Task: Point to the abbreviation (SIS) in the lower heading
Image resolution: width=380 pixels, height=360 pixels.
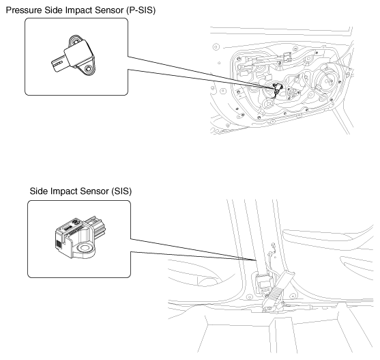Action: pyautogui.click(x=121, y=191)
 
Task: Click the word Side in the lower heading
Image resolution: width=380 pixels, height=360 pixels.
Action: pyautogui.click(x=39, y=191)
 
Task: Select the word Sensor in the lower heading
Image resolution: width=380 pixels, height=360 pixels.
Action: pyautogui.click(x=94, y=191)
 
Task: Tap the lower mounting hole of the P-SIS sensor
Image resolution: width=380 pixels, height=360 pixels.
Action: pyautogui.click(x=89, y=68)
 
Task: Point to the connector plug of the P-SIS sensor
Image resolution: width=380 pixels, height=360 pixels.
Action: pyautogui.click(x=58, y=64)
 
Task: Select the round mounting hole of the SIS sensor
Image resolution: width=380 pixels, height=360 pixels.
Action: pyautogui.click(x=85, y=248)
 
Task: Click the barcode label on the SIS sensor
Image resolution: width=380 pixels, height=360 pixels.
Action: pyautogui.click(x=59, y=244)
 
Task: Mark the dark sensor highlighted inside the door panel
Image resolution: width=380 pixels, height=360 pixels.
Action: pyautogui.click(x=277, y=88)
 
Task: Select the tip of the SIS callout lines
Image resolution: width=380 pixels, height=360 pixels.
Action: pyautogui.click(x=257, y=260)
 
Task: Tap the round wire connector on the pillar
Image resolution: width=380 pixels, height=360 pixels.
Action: pyautogui.click(x=274, y=245)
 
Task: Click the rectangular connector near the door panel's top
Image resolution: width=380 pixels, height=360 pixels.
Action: pyautogui.click(x=287, y=57)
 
